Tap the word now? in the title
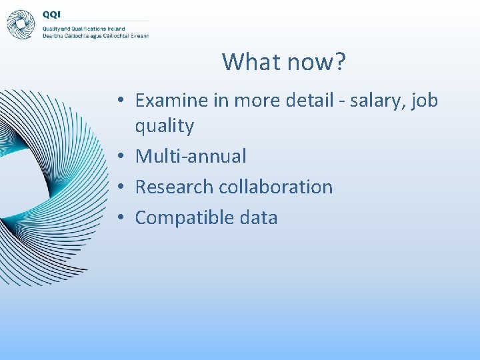coord(316,62)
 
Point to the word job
coord(425,100)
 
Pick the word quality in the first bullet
coord(164,125)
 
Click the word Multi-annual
coord(191,156)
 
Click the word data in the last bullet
coord(257,217)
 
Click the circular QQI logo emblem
coord(21,24)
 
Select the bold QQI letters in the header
coord(52,14)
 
